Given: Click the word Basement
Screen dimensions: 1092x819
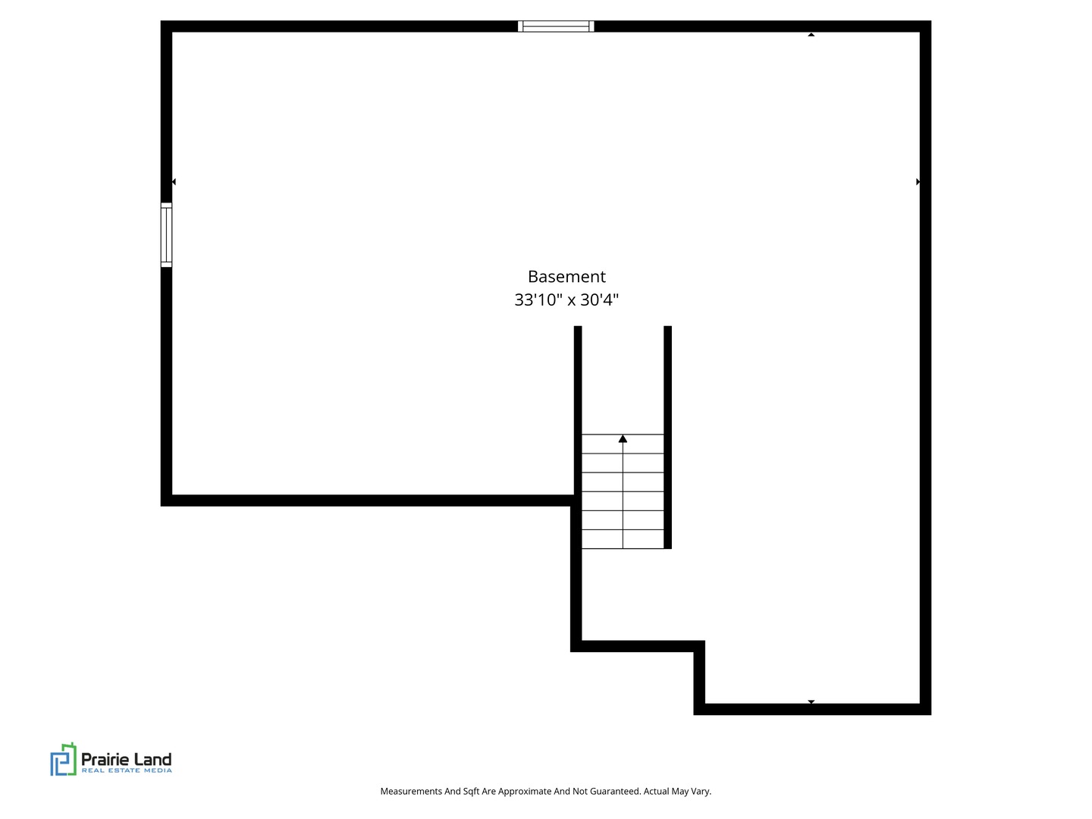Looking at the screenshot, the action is (566, 276).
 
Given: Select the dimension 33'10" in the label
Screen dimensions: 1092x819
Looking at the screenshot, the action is (538, 300).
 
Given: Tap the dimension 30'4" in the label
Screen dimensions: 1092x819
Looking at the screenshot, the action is (600, 300).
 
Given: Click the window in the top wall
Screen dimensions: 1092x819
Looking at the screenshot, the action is (556, 27).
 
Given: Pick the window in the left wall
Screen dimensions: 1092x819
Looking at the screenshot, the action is (166, 235).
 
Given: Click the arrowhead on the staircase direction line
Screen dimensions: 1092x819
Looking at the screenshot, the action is (623, 438).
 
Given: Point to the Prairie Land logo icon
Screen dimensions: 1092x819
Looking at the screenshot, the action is (63, 759).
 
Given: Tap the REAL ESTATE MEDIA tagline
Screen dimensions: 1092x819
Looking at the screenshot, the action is (127, 770).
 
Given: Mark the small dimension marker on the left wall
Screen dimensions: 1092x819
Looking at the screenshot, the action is (174, 182).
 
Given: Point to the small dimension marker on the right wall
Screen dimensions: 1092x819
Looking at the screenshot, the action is (918, 182).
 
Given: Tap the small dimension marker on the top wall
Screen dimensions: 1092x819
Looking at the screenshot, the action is (811, 34).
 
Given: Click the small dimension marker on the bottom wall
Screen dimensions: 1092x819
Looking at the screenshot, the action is (811, 701).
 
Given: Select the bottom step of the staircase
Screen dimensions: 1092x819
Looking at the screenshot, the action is (623, 539).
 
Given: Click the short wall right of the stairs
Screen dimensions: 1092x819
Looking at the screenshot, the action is (667, 438).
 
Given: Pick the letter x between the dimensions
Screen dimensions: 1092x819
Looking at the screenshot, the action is (572, 300).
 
